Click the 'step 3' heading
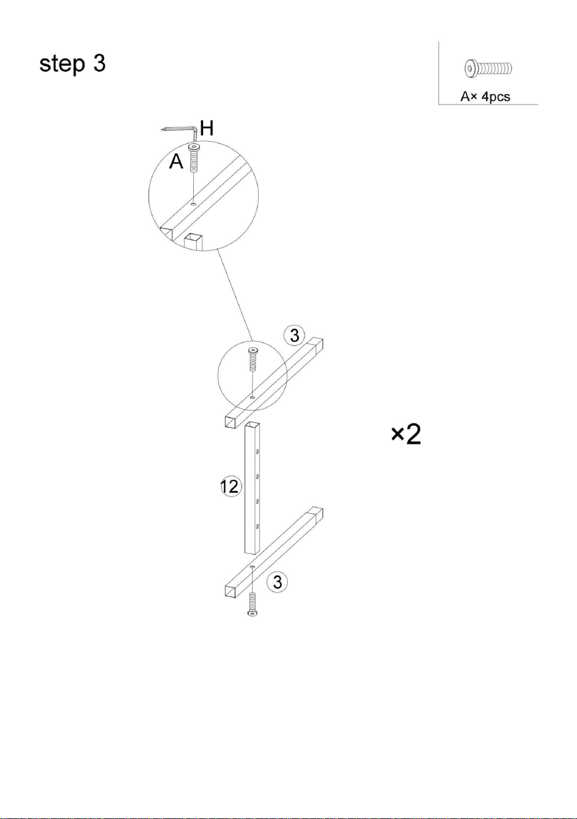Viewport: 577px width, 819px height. (72, 64)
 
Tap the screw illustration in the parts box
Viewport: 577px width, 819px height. (488, 68)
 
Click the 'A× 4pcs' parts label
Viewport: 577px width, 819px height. (485, 97)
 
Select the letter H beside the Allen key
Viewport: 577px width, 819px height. (207, 128)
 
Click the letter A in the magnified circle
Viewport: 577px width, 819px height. (176, 161)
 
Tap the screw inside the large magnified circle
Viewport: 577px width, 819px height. (193, 158)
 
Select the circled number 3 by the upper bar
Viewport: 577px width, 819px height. (294, 336)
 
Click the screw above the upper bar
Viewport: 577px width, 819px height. (253, 360)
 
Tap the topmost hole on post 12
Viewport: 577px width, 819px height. (258, 452)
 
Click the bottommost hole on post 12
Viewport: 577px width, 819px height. (258, 526)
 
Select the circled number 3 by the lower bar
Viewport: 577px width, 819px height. (277, 582)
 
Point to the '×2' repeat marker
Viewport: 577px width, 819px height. (406, 435)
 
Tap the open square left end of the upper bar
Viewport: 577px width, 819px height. (230, 422)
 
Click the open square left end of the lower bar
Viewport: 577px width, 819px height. (230, 591)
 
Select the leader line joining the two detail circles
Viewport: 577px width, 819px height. (235, 295)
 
